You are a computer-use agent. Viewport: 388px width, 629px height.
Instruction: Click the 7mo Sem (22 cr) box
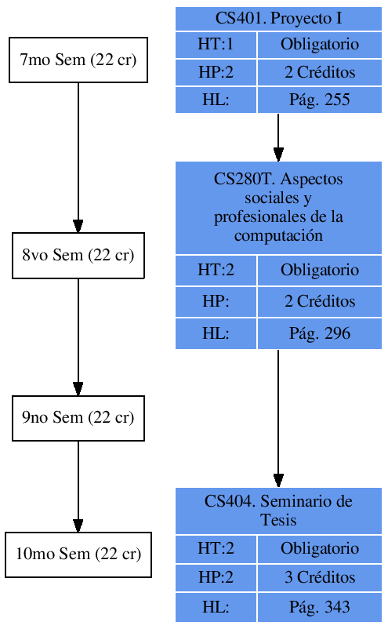coord(78,60)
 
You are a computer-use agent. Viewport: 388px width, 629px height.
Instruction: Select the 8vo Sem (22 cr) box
coord(78,255)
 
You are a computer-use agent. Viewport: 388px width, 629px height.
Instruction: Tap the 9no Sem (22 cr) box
coord(78,418)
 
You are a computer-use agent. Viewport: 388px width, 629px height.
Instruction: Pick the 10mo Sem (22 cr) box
coord(78,554)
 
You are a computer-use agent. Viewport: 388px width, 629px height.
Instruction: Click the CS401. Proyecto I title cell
coord(278,19)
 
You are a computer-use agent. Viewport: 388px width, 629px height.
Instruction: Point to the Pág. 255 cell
coord(319,100)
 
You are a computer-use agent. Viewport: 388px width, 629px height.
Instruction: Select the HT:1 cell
coord(216,45)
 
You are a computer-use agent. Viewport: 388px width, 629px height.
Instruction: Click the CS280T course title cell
coord(278,208)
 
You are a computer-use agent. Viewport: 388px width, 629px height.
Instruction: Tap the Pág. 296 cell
coord(319,333)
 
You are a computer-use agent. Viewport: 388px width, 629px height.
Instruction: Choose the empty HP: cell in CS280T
coord(216,302)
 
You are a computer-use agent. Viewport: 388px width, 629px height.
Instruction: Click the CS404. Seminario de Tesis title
coord(278,511)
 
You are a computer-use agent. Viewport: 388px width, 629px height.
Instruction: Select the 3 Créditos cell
coord(319,578)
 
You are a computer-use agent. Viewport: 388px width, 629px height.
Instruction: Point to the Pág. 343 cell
coord(319,607)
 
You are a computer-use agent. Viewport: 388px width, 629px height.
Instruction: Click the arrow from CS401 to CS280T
coord(278,137)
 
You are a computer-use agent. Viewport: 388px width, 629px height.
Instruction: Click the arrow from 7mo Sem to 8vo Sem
coord(78,157)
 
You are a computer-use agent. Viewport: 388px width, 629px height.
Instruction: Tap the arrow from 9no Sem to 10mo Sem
coord(78,486)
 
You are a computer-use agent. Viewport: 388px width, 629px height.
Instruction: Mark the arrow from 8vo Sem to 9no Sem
coord(78,337)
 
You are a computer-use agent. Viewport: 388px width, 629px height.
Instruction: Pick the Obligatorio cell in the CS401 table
coord(319,45)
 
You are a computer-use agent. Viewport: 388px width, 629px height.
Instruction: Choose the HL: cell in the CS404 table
coord(216,607)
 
